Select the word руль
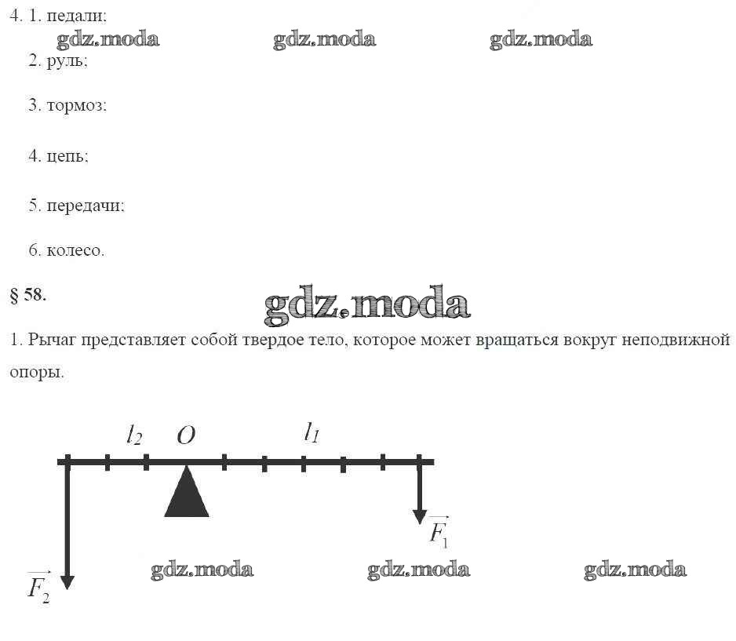(x=66, y=61)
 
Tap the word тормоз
(x=75, y=105)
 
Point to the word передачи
(x=85, y=206)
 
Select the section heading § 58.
(x=28, y=295)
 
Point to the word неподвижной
(x=676, y=339)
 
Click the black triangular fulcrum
(x=186, y=492)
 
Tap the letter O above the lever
(x=186, y=435)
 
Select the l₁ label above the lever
(x=312, y=432)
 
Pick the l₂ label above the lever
(x=134, y=435)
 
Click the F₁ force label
(x=439, y=533)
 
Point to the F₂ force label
(x=38, y=587)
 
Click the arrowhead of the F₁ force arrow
(x=420, y=517)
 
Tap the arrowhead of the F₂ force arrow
(x=67, y=582)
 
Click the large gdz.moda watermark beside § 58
(x=367, y=305)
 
